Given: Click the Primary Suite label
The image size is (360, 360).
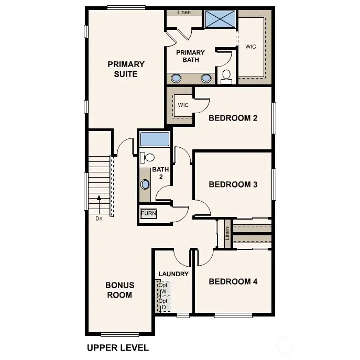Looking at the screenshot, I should point(126,69).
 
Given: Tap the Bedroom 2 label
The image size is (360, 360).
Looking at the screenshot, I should point(233,118).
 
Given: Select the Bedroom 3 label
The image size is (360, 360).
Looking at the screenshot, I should point(233,184).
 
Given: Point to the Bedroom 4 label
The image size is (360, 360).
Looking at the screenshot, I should point(233,281).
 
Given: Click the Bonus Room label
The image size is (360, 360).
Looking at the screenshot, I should point(119,290).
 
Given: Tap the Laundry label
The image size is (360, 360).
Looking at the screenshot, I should point(173,274).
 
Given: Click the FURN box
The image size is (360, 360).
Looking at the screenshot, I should point(148,214).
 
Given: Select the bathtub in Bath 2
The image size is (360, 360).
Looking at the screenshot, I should point(155,139).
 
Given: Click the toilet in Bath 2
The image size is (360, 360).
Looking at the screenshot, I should point(148,157).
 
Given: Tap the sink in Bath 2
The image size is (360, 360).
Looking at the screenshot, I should point(145,184).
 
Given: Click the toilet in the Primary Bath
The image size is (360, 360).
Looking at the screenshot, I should point(226,77).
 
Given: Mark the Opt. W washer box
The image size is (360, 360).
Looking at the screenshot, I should point(163,288).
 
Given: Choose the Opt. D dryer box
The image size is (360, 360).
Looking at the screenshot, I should point(163,304).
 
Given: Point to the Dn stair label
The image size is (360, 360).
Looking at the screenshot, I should point(98,219).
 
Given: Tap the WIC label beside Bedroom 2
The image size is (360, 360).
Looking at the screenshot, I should point(183,105).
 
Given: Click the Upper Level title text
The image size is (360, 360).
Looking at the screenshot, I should point(117,347).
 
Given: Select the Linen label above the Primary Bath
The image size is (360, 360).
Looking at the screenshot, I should point(184,12).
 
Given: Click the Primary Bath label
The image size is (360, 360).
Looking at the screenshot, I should point(190,56).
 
